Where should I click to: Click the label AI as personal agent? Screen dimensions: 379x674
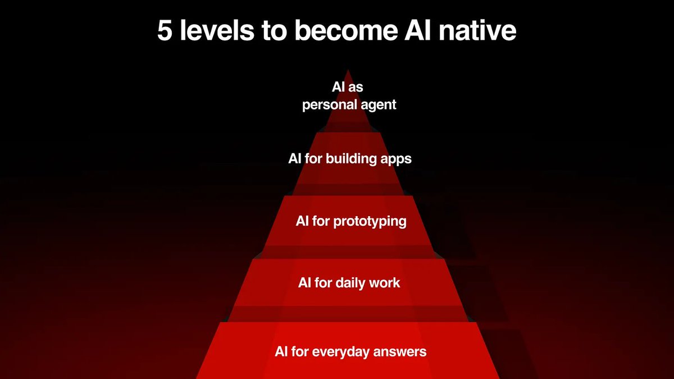(x=349, y=96)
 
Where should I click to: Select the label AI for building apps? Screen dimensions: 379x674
(x=350, y=159)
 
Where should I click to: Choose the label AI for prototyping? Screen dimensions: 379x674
(x=351, y=221)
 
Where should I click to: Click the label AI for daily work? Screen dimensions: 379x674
(x=349, y=282)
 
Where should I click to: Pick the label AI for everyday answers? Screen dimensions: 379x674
(x=350, y=352)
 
